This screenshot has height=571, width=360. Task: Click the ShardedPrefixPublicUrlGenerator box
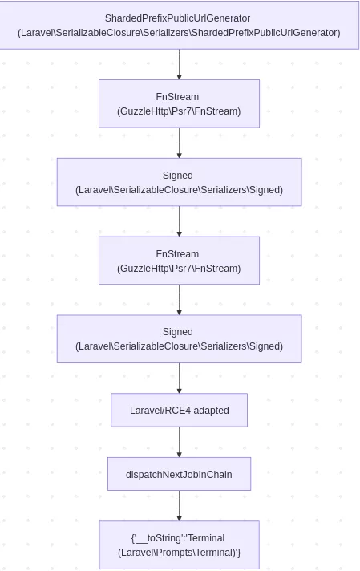179,25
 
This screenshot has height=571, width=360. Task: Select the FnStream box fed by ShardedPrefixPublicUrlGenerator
179,103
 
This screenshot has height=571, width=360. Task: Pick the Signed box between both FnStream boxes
179,182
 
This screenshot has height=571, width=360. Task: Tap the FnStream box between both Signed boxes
179,261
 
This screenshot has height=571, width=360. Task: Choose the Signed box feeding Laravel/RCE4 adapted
179,338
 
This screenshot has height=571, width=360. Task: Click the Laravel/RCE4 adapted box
179,410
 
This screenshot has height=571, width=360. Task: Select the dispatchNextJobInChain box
179,474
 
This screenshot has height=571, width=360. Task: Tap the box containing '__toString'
179,545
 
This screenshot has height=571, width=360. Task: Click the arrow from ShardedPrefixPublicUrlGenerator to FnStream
179,64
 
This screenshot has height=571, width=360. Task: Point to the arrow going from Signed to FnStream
179,221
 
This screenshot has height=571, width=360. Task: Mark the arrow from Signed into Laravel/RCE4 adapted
179,378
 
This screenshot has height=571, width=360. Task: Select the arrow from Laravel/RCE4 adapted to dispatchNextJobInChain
179,442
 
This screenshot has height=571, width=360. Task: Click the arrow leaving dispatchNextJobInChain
179,505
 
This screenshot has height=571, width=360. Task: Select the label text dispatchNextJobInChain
179,475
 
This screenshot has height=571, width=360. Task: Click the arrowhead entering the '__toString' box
179,517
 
